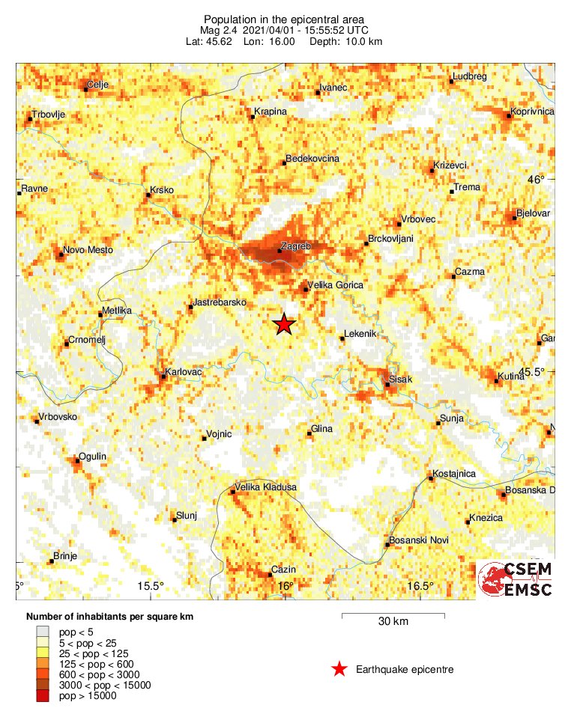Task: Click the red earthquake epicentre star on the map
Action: tap(283, 325)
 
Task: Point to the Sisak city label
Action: tap(400, 379)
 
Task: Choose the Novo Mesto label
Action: tap(87, 249)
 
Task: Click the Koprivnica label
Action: tap(532, 112)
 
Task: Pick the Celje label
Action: tap(98, 85)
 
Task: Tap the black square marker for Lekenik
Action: tap(342, 339)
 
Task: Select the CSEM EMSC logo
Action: tap(516, 580)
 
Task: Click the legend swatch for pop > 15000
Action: tap(42, 696)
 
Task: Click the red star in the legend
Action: tap(339, 669)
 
